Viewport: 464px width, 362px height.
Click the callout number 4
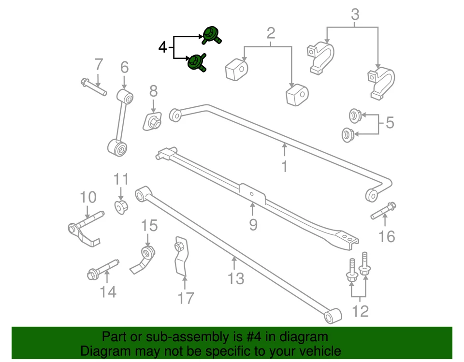pos(163,47)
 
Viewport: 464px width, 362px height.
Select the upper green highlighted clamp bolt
pos(211,35)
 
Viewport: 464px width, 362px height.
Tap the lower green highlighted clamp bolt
pos(196,63)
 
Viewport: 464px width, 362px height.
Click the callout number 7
pos(99,64)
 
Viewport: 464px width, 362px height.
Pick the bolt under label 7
pos(94,87)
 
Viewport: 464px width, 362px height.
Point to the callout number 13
pos(236,279)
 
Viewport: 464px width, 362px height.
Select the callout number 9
pos(253,224)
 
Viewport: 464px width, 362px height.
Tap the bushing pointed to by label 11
pos(121,207)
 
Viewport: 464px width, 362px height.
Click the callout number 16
pos(387,237)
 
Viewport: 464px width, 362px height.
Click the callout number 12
pos(361,311)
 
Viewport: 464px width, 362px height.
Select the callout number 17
pos(186,298)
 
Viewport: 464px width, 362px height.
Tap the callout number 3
pos(355,14)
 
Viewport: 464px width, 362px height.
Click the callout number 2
pos(271,33)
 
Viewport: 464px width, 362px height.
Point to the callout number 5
pos(390,123)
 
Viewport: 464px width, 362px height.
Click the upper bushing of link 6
pos(126,96)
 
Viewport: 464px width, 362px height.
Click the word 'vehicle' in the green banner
pos(317,350)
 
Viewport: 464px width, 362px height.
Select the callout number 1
pos(284,167)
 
